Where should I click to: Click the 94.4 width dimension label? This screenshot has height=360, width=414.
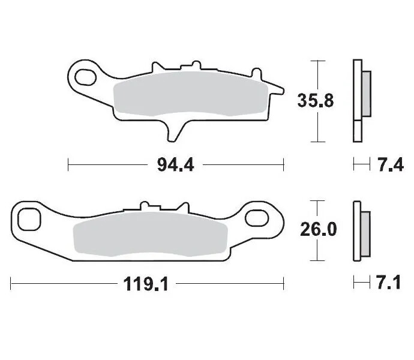[175, 164]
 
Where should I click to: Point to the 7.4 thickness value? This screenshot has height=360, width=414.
[388, 164]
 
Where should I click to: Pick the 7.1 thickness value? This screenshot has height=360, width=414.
[389, 283]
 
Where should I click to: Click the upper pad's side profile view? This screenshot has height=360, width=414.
[359, 100]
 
